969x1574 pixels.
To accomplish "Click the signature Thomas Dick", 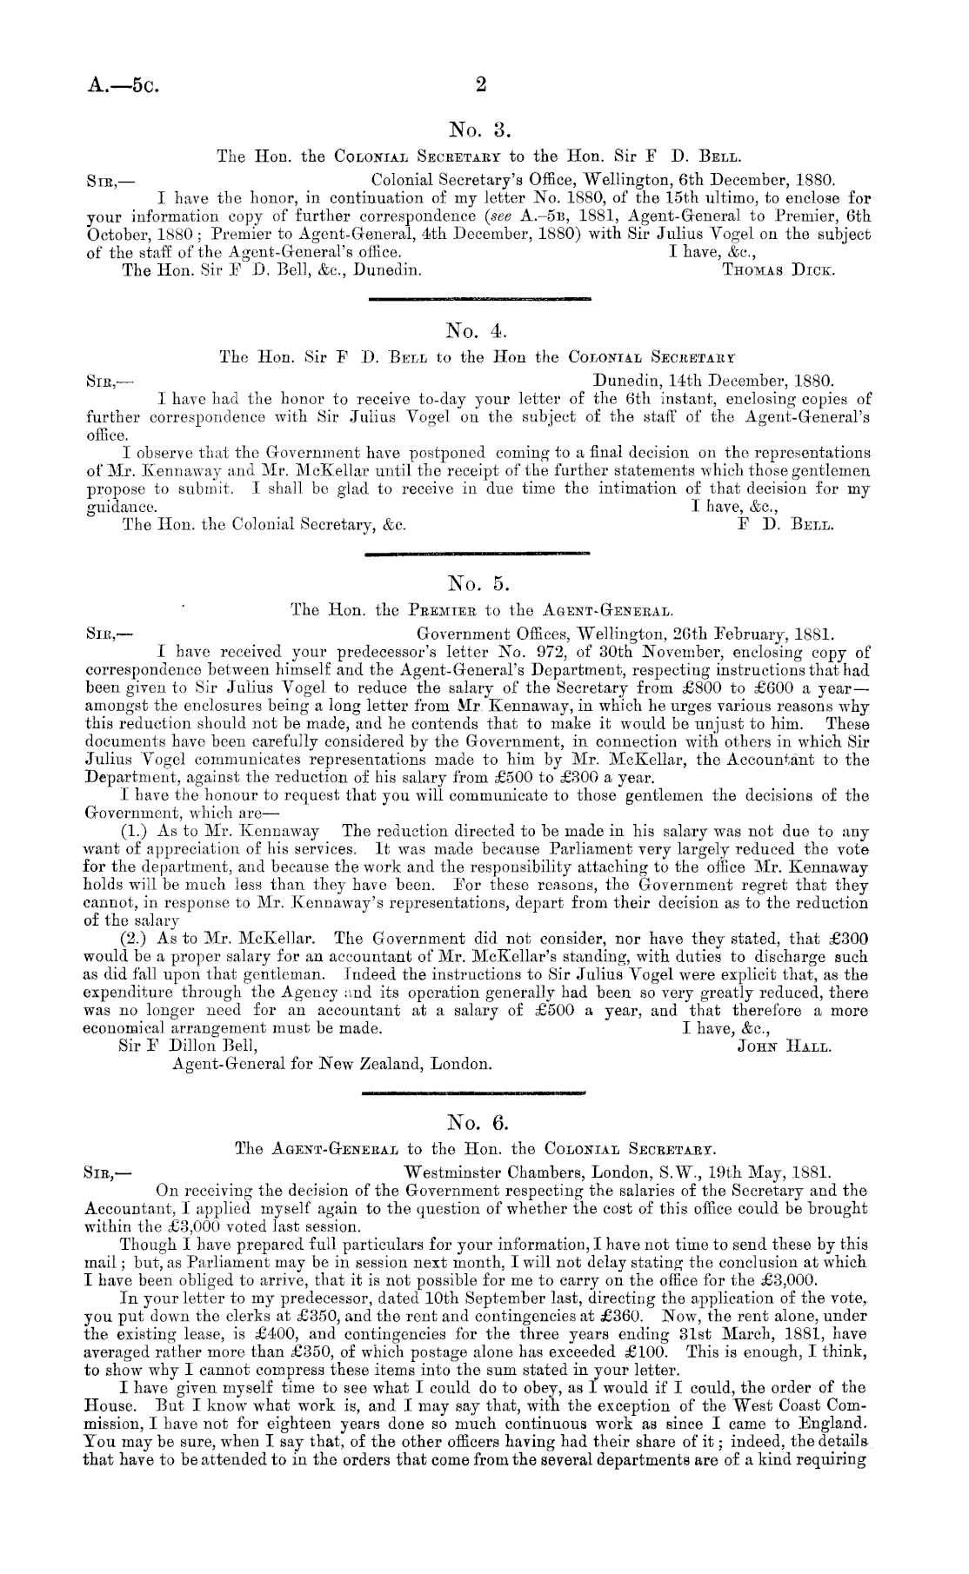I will pyautogui.click(x=779, y=270).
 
